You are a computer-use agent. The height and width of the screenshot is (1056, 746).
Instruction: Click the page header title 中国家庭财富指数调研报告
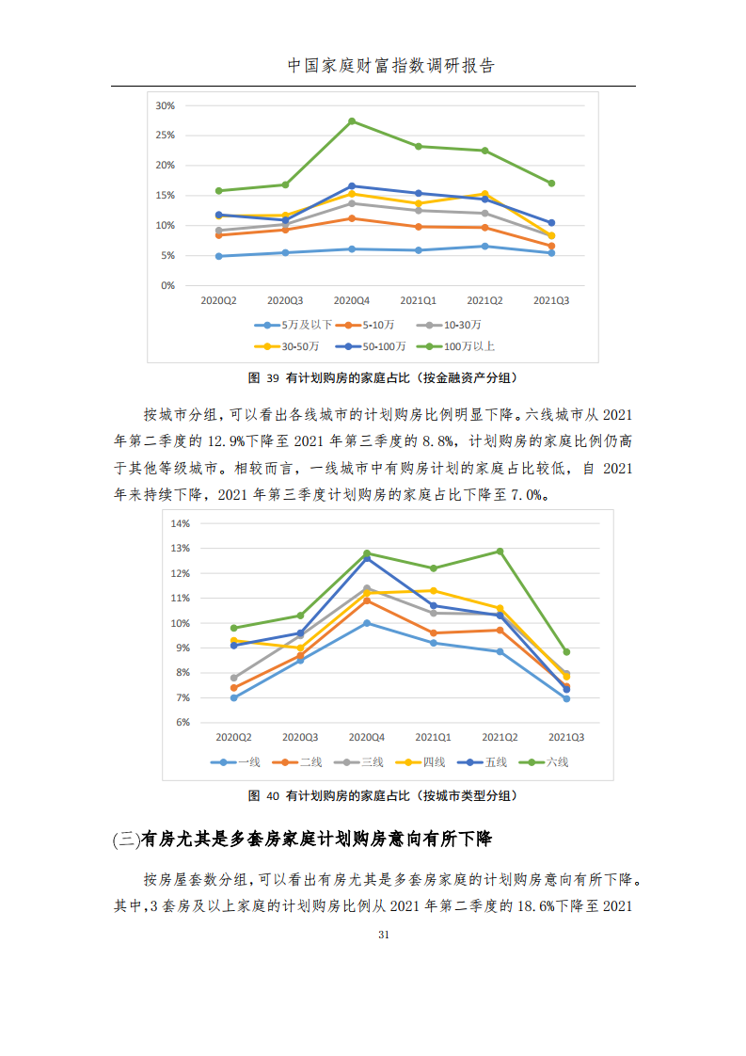click(390, 66)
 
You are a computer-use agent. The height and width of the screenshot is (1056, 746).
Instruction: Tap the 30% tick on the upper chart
click(165, 105)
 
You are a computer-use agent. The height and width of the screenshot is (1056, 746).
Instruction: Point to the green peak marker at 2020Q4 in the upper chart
click(352, 121)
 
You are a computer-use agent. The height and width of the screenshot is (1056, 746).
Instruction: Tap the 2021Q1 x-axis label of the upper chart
click(418, 300)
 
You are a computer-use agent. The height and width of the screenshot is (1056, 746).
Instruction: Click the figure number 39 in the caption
click(274, 377)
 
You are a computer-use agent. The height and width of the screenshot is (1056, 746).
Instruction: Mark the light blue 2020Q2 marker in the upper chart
click(218, 256)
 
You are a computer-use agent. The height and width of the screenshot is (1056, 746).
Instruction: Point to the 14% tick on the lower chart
click(179, 523)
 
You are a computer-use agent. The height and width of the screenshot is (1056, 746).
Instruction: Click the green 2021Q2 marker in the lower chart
click(500, 552)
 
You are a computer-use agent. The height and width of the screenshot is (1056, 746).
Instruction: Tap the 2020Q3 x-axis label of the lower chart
click(300, 738)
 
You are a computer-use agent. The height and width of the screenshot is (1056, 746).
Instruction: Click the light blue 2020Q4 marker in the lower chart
click(367, 623)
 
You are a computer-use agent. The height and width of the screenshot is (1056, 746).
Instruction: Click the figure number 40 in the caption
click(274, 796)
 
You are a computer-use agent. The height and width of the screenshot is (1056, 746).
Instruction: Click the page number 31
click(383, 935)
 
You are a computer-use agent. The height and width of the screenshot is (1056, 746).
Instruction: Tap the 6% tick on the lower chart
click(182, 723)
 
